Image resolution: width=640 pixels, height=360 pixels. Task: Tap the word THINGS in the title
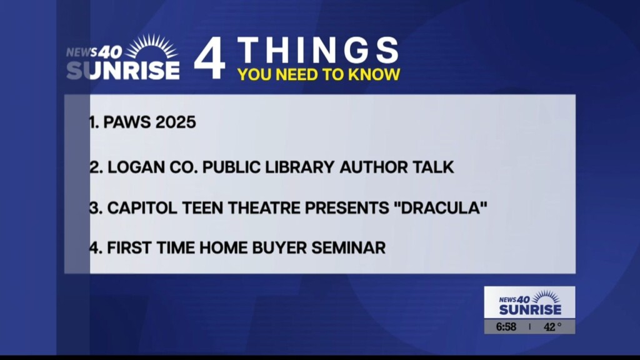coord(318,51)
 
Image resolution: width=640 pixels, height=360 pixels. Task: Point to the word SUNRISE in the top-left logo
coord(123,69)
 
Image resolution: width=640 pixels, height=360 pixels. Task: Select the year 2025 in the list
coord(176,122)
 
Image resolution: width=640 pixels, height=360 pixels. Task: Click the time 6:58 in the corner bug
coord(506,327)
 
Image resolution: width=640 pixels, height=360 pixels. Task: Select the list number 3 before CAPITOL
coord(94,208)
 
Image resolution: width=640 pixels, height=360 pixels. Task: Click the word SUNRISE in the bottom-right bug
coord(530,309)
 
